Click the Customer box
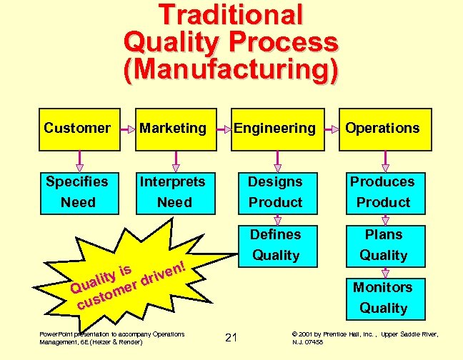pos(78,129)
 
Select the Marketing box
pos(173,129)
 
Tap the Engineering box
pos(274,129)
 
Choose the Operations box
pos(383,129)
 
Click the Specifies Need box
pos(78,191)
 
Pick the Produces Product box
pos(383,191)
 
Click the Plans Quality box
pos(383,244)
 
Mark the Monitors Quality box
pos(383,297)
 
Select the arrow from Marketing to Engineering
pos(221,129)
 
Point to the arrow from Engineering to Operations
pos(331,129)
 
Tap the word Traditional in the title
pos(231,15)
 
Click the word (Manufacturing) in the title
pos(231,69)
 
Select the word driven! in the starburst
pos(164,274)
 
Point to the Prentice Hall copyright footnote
pos(365,337)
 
